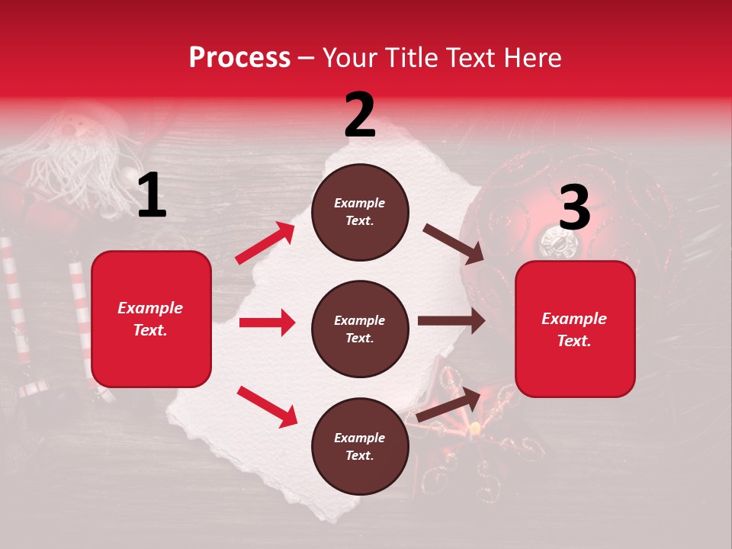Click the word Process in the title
tap(239, 57)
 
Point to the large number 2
tap(360, 115)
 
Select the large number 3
tap(574, 208)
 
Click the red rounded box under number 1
tap(151, 319)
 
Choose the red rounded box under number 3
tap(575, 329)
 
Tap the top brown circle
tap(360, 212)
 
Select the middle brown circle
tap(360, 329)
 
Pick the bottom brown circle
tap(360, 446)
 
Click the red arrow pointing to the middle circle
tap(267, 323)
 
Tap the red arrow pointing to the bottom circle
tap(267, 406)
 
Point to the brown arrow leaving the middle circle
tap(451, 320)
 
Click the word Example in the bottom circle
tap(359, 438)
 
